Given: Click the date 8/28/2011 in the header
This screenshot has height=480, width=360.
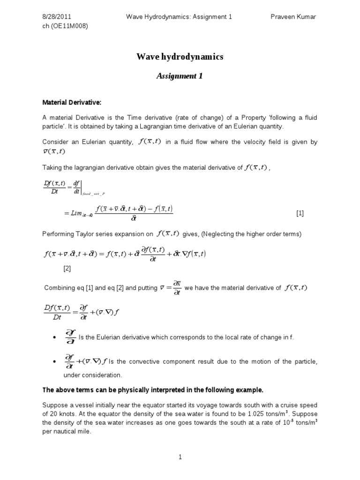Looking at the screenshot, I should [57, 17].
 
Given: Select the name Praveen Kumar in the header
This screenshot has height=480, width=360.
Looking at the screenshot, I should [294, 17].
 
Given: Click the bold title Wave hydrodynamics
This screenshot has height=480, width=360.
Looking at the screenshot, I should [180, 57].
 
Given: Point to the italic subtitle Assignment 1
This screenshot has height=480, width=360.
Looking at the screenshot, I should [180, 76].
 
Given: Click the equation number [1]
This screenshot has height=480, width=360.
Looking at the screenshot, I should [300, 213].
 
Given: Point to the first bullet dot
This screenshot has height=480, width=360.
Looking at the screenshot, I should [55, 337].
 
